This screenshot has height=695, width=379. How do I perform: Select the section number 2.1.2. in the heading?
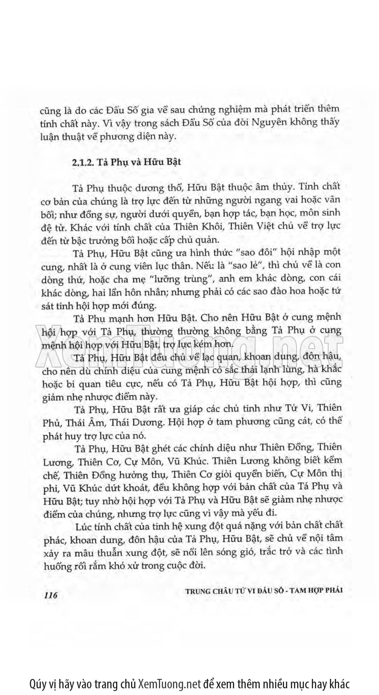(x=82, y=162)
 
